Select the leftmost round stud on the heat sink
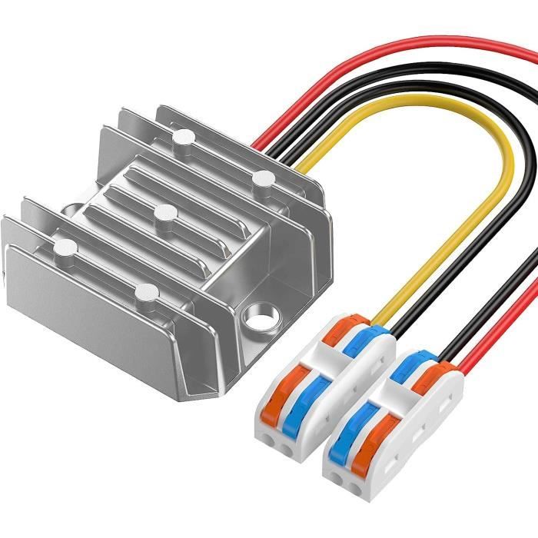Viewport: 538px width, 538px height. pyautogui.click(x=65, y=247)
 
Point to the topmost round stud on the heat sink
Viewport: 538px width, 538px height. pyautogui.click(x=182, y=138)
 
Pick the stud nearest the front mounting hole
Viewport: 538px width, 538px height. pyautogui.click(x=147, y=291)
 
